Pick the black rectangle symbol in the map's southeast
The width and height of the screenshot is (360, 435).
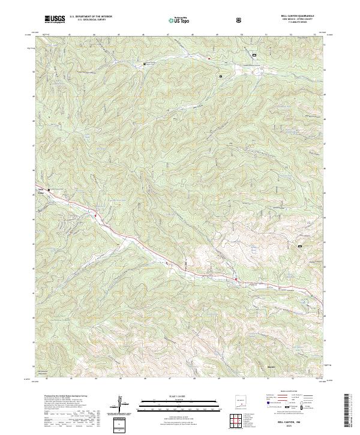click(300, 245)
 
